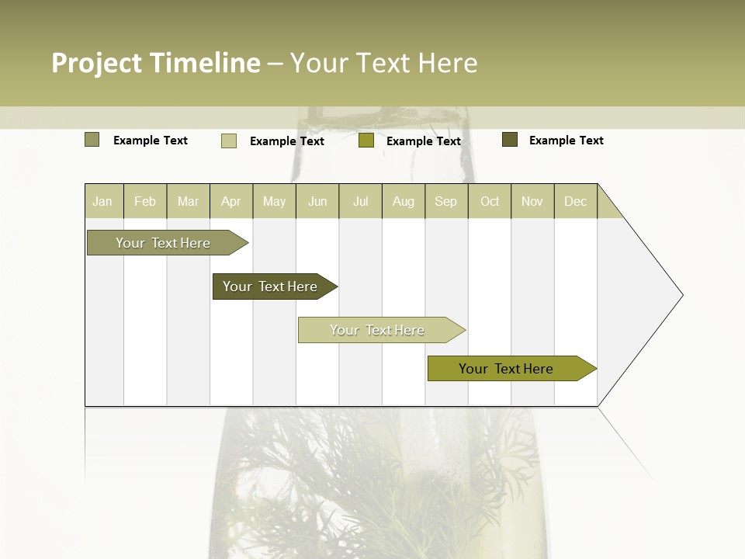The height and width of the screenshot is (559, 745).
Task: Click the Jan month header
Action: pos(102,201)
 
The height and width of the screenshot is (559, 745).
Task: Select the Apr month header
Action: pos(231,201)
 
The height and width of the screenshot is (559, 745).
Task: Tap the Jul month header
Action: pos(361,201)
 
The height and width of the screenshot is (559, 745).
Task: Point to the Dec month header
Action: pos(575,201)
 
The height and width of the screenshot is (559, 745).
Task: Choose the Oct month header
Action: pos(490,201)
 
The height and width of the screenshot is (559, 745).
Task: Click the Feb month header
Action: pos(145,201)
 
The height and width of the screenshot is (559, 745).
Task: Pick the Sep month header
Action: pos(446,201)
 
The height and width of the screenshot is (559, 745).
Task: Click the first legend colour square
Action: pos(92,140)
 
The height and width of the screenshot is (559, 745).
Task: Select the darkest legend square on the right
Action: pos(510,140)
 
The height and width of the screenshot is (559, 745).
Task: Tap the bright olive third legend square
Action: pos(366,141)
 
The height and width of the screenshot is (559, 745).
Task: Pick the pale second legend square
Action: pos(229,141)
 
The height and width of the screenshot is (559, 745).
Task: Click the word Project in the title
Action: pos(95,64)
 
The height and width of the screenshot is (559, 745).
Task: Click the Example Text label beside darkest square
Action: pos(567,141)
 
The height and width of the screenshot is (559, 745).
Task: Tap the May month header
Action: pos(274,201)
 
